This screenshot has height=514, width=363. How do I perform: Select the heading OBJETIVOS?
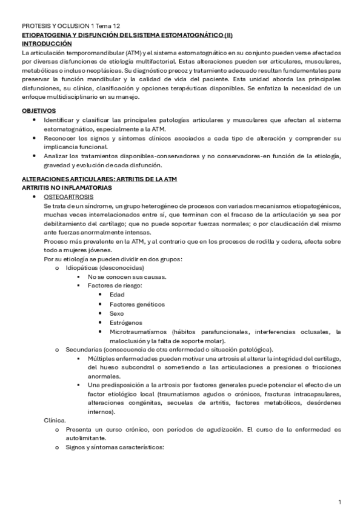click(x=39, y=111)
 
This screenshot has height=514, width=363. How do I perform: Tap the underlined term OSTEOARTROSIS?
click(x=68, y=198)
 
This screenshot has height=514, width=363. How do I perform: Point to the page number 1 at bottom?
click(x=340, y=502)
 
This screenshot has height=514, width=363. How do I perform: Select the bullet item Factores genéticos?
click(x=137, y=304)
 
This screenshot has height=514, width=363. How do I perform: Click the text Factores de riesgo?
click(x=115, y=285)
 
